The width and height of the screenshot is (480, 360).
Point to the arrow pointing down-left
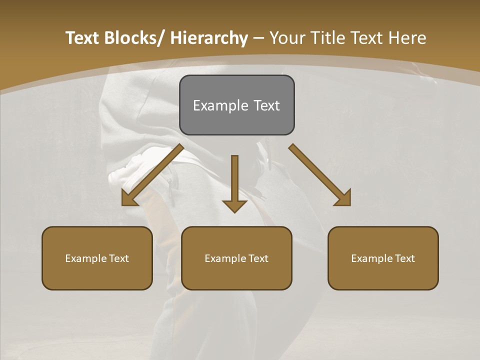pos(152,174)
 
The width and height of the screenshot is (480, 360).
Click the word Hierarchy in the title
pos(209,38)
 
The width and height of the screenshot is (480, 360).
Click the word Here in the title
pos(408,38)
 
